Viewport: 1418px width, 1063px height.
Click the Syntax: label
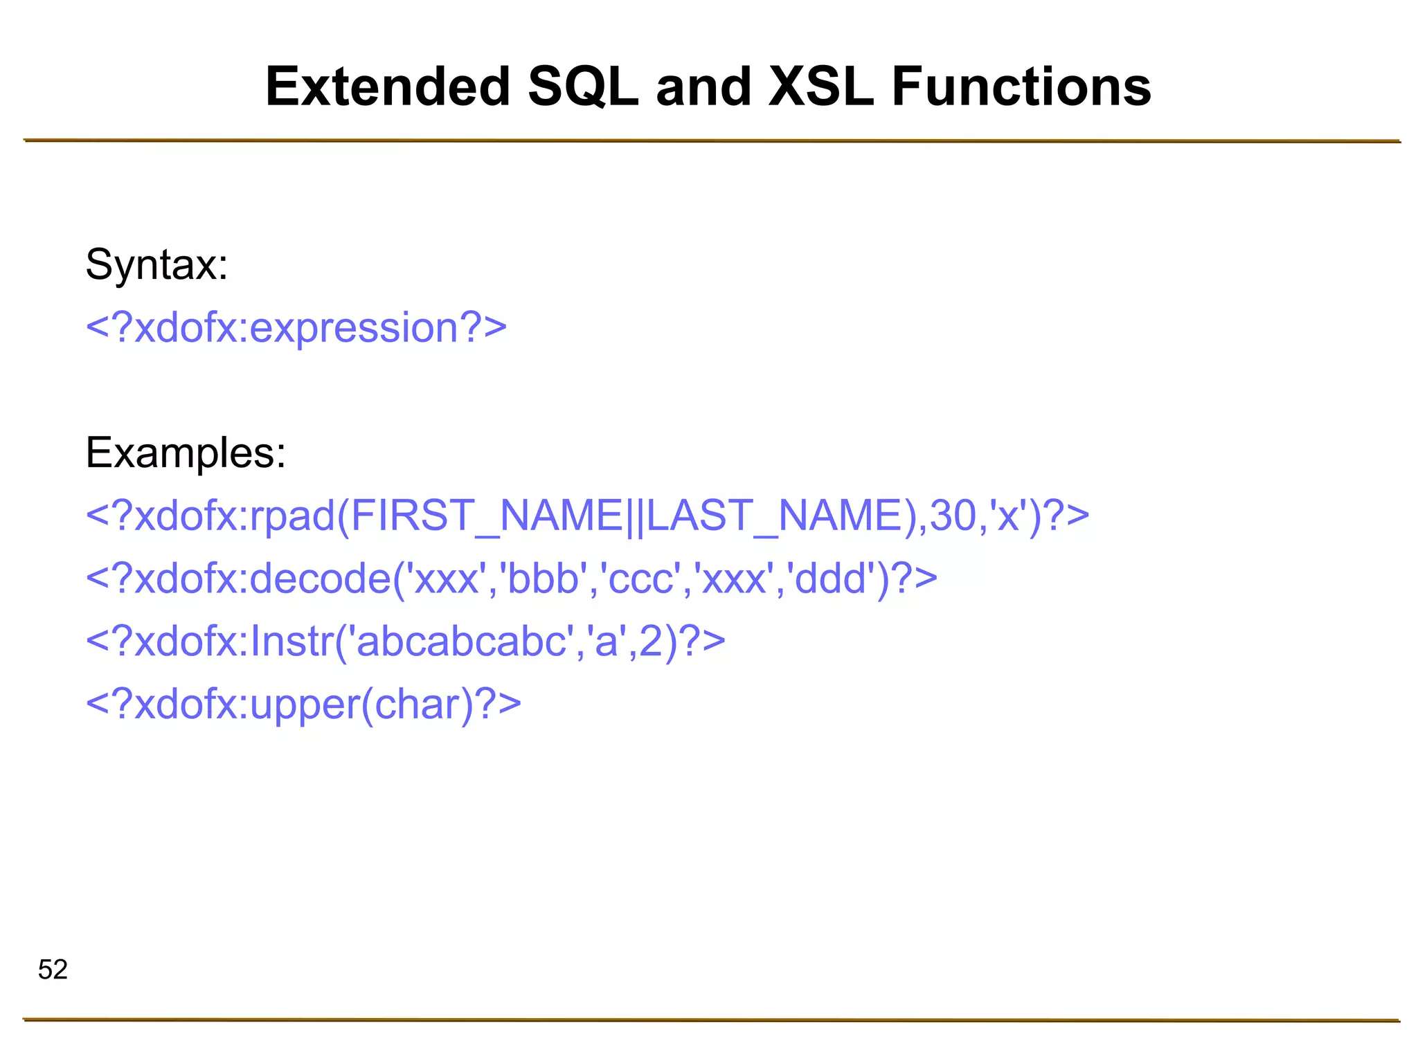pyautogui.click(x=156, y=264)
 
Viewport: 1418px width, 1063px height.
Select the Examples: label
pyautogui.click(x=186, y=453)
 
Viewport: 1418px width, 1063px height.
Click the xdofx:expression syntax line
pyautogui.click(x=296, y=327)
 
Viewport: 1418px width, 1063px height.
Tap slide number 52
pyautogui.click(x=53, y=970)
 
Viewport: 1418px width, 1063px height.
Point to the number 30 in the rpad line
pyautogui.click(x=953, y=516)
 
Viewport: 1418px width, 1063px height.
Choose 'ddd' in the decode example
pyautogui.click(x=831, y=579)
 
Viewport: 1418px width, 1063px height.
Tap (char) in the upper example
pyautogui.click(x=418, y=705)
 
